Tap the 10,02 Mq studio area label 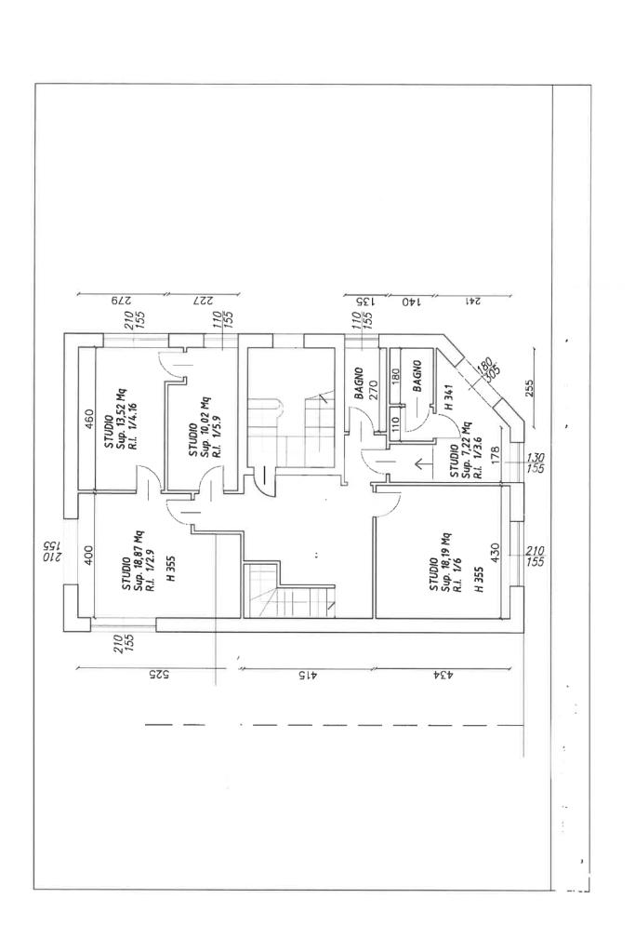tap(206, 427)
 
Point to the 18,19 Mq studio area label tap(446, 562)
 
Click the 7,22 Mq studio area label tap(466, 450)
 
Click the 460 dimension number tap(88, 420)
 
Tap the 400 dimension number tap(88, 555)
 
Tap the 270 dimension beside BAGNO tap(373, 389)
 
